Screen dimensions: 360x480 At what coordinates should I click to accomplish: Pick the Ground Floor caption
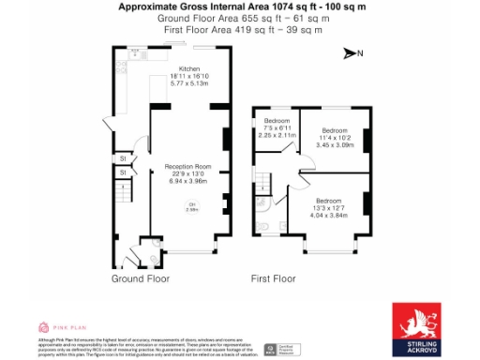pos(140,278)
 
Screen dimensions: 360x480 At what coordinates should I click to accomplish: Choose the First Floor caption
pos(273,278)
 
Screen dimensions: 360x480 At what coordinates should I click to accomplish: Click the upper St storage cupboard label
pos(123,158)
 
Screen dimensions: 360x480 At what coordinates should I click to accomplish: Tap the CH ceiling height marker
pos(192,206)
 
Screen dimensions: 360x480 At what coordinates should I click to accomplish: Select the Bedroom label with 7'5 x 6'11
pos(277,121)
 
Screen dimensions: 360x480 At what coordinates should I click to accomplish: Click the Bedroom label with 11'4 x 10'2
pos(335,130)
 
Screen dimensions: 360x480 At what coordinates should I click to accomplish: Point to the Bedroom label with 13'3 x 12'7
pos(328,201)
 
